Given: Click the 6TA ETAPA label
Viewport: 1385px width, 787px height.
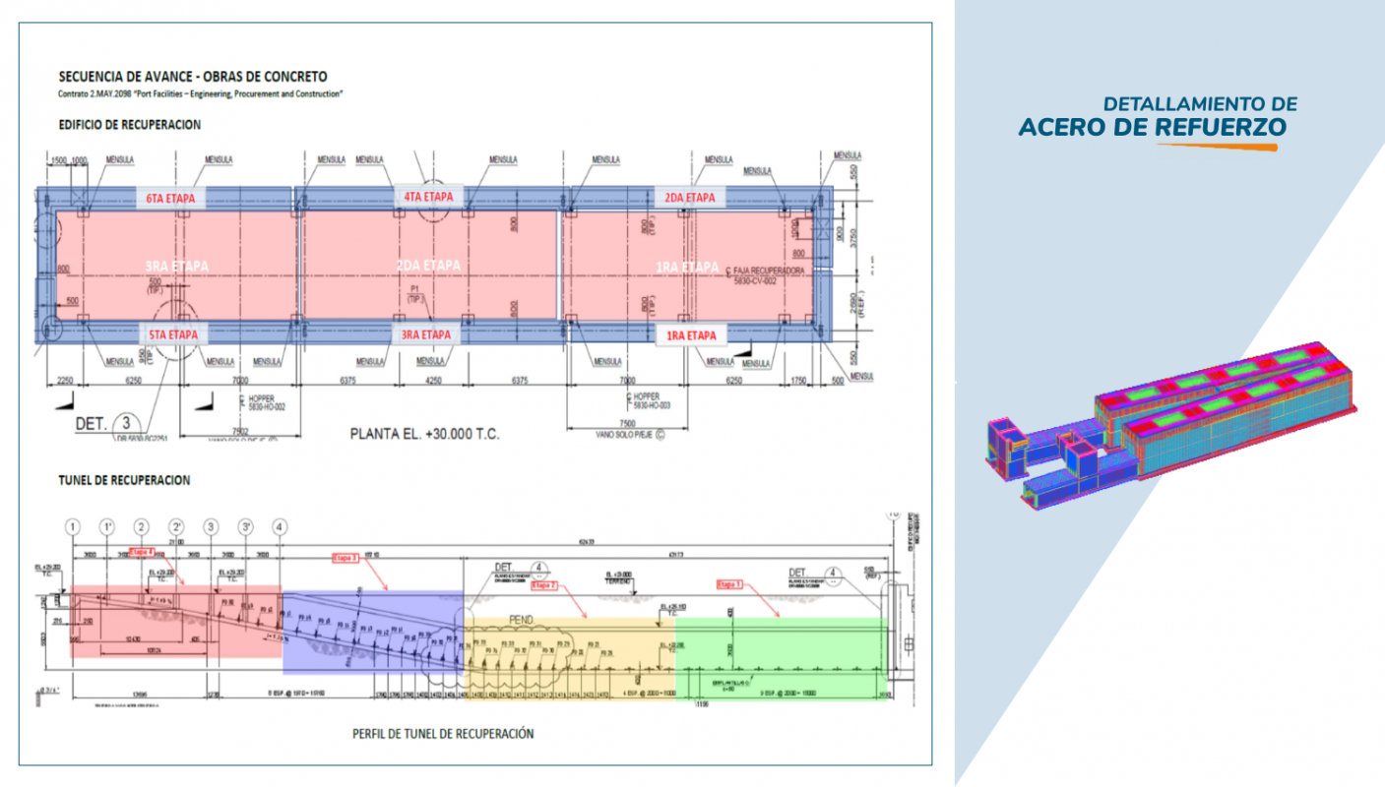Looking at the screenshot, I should tap(170, 198).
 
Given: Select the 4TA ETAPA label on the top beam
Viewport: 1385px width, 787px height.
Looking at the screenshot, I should tap(428, 197).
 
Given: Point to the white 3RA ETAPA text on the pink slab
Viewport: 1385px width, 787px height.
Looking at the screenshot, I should tap(177, 267).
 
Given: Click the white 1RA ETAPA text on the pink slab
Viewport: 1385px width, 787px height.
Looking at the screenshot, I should tap(686, 267).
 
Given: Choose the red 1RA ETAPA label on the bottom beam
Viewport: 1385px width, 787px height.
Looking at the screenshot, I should tap(690, 335).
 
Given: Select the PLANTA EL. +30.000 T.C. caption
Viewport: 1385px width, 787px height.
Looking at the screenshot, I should tap(424, 432).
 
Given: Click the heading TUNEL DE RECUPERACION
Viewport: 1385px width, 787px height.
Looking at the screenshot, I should tap(124, 480).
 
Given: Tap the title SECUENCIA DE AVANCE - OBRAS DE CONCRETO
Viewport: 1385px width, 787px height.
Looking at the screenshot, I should tap(193, 77).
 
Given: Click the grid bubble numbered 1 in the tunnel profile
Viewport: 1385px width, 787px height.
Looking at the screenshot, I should tap(72, 527).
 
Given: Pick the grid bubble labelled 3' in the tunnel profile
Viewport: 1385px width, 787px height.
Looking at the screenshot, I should tap(246, 527).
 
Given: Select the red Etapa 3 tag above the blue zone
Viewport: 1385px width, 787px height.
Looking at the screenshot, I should tap(346, 558).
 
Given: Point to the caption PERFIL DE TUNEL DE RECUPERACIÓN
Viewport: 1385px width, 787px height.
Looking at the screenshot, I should tap(443, 734).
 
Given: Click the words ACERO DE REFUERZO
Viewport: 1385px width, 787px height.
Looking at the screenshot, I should tap(1152, 128).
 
